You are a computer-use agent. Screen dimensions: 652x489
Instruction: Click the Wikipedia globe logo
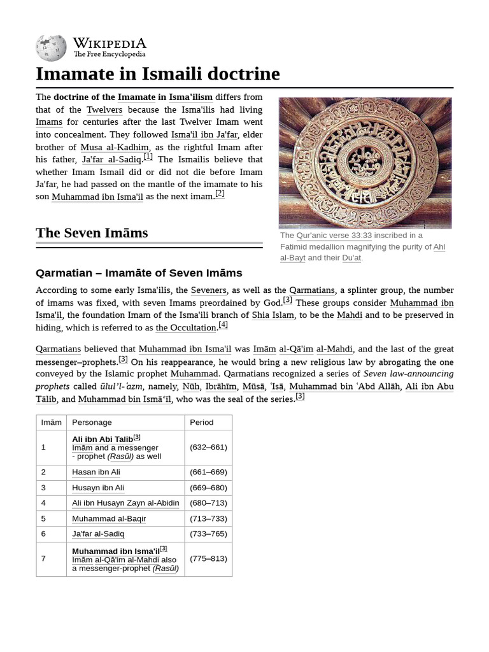[x=52, y=47]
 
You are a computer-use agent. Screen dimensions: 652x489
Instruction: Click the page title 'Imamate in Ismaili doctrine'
[x=158, y=74]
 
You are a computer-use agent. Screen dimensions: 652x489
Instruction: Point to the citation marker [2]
[x=220, y=194]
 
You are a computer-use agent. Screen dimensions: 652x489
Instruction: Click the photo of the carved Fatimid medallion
[x=365, y=163]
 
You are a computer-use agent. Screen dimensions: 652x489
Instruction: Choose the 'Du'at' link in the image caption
[x=351, y=258]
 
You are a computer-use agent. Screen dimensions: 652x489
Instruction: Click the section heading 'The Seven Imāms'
[x=92, y=233]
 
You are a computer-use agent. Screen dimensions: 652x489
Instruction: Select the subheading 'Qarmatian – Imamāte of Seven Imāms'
[x=139, y=273]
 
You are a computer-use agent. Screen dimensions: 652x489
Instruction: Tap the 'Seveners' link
[x=208, y=290]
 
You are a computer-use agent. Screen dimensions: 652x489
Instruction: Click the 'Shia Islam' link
[x=273, y=315]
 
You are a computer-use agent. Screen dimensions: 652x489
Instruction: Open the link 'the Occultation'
[x=186, y=328]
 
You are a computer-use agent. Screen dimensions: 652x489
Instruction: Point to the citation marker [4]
[x=223, y=325]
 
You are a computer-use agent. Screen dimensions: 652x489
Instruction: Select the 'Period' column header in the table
[x=201, y=422]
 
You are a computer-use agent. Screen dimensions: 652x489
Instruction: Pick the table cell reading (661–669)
[x=208, y=472]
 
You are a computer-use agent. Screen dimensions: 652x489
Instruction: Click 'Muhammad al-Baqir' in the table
[x=109, y=519]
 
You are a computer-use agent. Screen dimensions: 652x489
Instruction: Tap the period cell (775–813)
[x=208, y=559]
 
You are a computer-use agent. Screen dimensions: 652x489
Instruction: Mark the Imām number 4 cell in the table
[x=44, y=503]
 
